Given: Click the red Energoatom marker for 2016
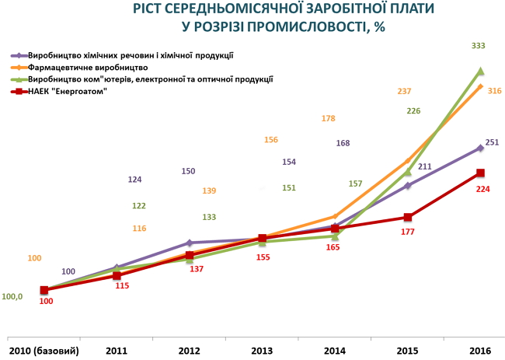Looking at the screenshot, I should pyautogui.click(x=480, y=173).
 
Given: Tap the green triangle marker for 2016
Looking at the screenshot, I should pyautogui.click(x=480, y=71).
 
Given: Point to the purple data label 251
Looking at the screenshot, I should pyautogui.click(x=491, y=142).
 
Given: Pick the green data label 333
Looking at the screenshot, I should pyautogui.click(x=479, y=46).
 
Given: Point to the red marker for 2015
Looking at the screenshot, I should pyautogui.click(x=407, y=217).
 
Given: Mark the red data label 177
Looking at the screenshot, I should pyautogui.click(x=407, y=232).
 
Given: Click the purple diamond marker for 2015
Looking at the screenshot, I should pyautogui.click(x=407, y=185).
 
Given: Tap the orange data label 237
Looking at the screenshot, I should pyautogui.click(x=404, y=91).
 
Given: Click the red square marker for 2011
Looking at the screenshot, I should pyautogui.click(x=117, y=275).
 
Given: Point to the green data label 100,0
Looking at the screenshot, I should pyautogui.click(x=12, y=296).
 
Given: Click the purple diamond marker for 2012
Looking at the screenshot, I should pyautogui.click(x=190, y=243).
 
